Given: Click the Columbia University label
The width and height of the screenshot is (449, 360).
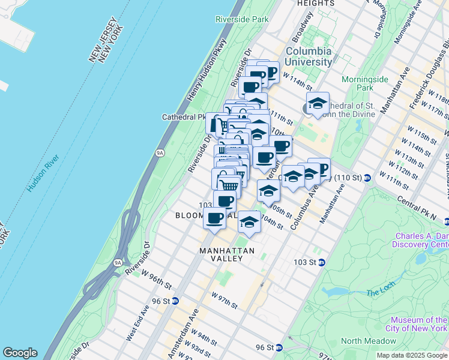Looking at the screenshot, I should [309, 56].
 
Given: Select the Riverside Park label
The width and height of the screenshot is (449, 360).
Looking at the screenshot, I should [242, 19].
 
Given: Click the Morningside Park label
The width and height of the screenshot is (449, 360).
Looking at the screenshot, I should [361, 83].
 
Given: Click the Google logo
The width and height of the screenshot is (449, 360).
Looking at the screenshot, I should [20, 353].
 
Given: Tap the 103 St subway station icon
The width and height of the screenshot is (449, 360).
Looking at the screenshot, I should [322, 262].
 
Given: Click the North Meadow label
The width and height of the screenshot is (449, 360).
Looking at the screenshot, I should [368, 341].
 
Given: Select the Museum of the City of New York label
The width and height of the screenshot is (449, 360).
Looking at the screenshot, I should [418, 324].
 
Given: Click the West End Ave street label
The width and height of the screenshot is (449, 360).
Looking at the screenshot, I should [137, 324].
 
